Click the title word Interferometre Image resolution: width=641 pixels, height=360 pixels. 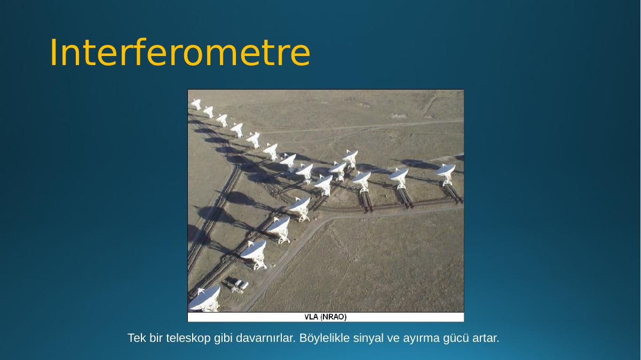point(180,52)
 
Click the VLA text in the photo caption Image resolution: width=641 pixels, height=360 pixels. point(311,317)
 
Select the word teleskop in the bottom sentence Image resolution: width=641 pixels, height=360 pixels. point(188,338)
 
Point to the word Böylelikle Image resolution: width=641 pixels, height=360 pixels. point(325,338)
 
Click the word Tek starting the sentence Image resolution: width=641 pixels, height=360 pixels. point(137,338)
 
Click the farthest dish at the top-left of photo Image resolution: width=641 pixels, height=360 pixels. point(196,104)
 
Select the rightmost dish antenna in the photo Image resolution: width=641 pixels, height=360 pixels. point(446,174)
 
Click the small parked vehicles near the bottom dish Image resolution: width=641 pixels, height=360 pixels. point(241,285)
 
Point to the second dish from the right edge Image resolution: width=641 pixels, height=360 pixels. point(399,178)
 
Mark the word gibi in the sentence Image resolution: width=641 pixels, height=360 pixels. point(223,338)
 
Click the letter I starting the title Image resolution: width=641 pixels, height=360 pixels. point(53,52)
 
